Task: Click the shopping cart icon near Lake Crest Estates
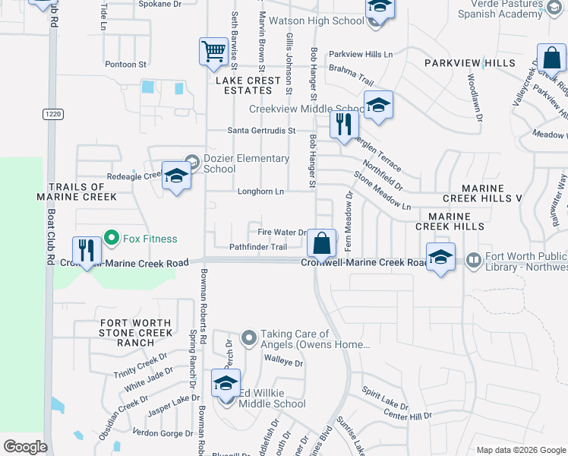pos(213,52)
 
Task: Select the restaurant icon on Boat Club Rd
pos(87,250)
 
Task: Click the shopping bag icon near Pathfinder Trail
pos(322,244)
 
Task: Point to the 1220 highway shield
pos(52,114)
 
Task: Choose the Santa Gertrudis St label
pos(261,131)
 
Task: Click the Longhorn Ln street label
pos(260,192)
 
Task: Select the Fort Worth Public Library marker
pos(473,261)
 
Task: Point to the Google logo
pos(25,447)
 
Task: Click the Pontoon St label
pos(125,65)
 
